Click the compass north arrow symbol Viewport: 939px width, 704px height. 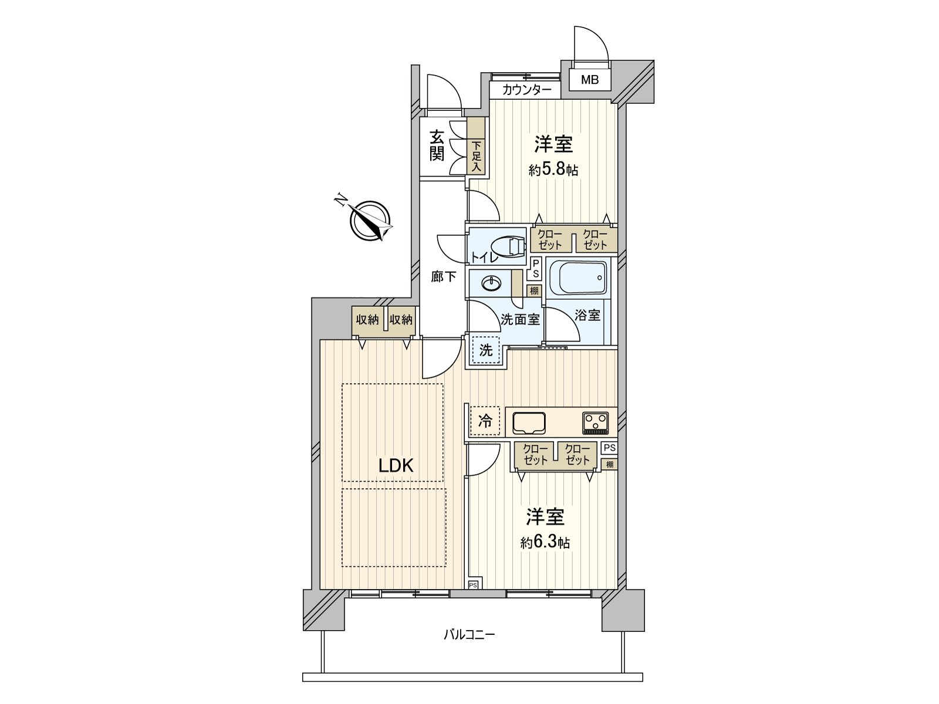tap(371, 220)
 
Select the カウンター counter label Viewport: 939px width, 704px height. tap(526, 90)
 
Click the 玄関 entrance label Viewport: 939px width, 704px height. tap(437, 146)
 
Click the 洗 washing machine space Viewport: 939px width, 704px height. tap(486, 351)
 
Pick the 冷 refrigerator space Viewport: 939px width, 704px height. tap(485, 421)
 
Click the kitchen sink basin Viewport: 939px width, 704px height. tap(529, 422)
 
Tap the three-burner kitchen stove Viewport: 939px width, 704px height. tap(596, 422)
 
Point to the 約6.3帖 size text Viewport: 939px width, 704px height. tap(545, 543)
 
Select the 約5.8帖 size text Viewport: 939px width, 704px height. tap(553, 171)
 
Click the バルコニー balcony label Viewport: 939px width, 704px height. tap(469, 635)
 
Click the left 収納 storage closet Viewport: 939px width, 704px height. tap(367, 320)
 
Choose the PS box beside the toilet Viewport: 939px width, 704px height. tap(535, 269)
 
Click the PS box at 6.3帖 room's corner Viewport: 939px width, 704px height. tap(473, 585)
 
